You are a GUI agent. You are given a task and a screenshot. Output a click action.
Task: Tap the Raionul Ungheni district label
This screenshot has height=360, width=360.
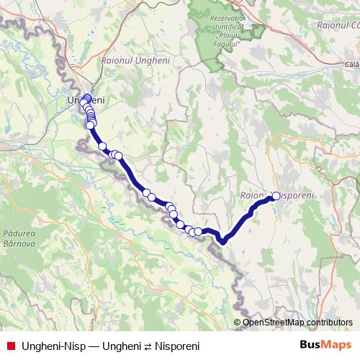[x=136, y=60]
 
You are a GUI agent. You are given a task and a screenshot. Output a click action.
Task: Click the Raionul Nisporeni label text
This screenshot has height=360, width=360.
[x=276, y=196]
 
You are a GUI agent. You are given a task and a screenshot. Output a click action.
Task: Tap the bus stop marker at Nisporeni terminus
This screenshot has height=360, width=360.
[x=276, y=195]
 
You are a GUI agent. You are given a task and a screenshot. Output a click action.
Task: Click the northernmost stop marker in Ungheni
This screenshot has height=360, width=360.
[x=88, y=98]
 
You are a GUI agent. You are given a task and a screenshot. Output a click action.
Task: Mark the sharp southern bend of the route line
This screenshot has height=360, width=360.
[x=224, y=241]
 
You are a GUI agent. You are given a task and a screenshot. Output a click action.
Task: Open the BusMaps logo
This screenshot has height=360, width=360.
[x=326, y=344]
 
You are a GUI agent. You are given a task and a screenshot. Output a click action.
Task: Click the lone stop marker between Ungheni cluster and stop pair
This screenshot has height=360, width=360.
[x=102, y=147]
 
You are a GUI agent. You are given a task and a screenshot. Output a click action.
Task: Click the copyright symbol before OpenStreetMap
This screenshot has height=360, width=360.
[x=237, y=323]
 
